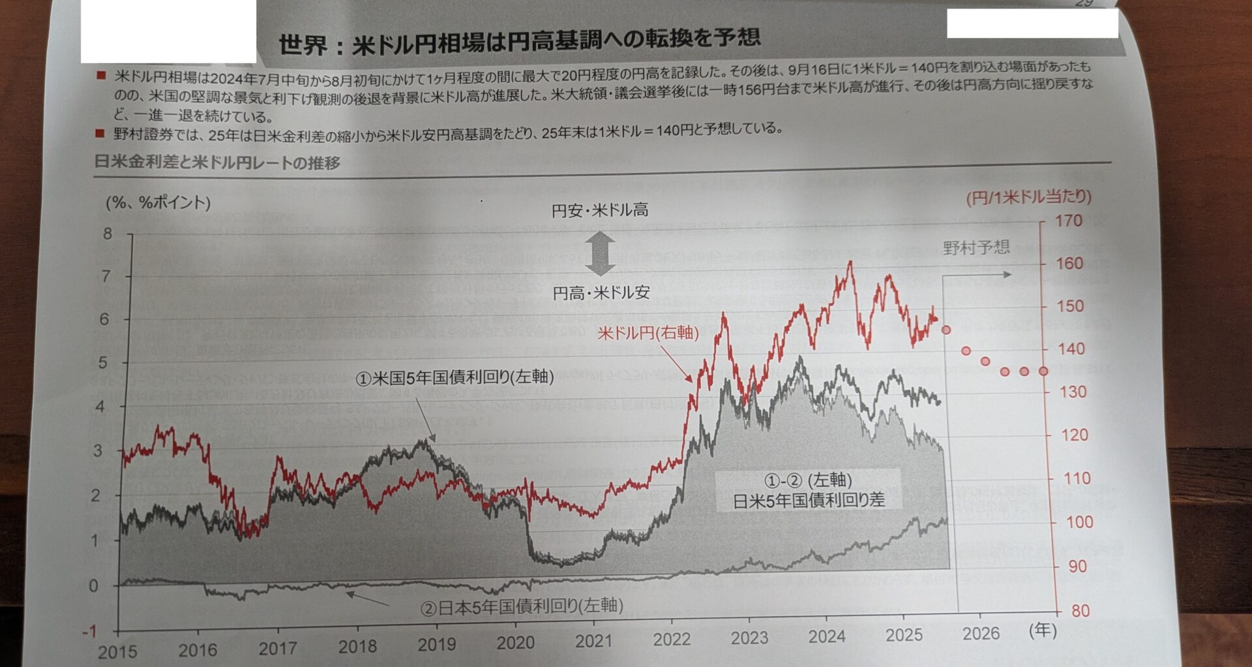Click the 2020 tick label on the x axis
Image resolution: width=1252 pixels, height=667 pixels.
pyautogui.click(x=515, y=643)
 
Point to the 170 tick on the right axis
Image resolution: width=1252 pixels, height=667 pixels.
pyautogui.click(x=1069, y=221)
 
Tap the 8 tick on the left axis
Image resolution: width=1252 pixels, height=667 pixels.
pyautogui.click(x=108, y=234)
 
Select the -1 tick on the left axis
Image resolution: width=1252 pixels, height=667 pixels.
pyautogui.click(x=89, y=632)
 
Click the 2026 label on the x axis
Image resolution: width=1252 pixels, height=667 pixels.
pyautogui.click(x=981, y=634)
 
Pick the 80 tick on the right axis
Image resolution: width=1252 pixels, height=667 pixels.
pyautogui.click(x=1080, y=611)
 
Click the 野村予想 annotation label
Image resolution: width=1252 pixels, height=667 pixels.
pyautogui.click(x=976, y=247)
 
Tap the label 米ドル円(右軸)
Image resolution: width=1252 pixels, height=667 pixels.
pyautogui.click(x=648, y=333)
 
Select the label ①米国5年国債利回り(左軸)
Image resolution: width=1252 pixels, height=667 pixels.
pyautogui.click(x=455, y=377)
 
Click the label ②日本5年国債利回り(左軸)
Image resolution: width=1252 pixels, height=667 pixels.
pyautogui.click(x=522, y=607)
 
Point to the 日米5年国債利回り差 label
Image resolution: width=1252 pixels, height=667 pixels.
pyautogui.click(x=809, y=501)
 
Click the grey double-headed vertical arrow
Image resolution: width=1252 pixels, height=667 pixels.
pyautogui.click(x=600, y=253)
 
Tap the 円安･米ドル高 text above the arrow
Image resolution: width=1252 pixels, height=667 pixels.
pyautogui.click(x=600, y=210)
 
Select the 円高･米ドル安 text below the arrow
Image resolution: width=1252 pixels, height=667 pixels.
pyautogui.click(x=601, y=293)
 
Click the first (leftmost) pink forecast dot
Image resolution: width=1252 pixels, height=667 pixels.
pyautogui.click(x=946, y=330)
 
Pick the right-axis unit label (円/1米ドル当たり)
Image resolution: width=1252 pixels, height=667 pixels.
pyautogui.click(x=1028, y=196)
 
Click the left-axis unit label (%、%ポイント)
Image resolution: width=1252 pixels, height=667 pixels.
pyautogui.click(x=158, y=202)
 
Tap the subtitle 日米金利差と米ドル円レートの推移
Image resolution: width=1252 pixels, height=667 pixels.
pyautogui.click(x=217, y=162)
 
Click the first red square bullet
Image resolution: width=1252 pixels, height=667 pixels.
pyautogui.click(x=101, y=76)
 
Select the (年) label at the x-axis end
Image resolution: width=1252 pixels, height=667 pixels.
pyautogui.click(x=1042, y=630)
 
